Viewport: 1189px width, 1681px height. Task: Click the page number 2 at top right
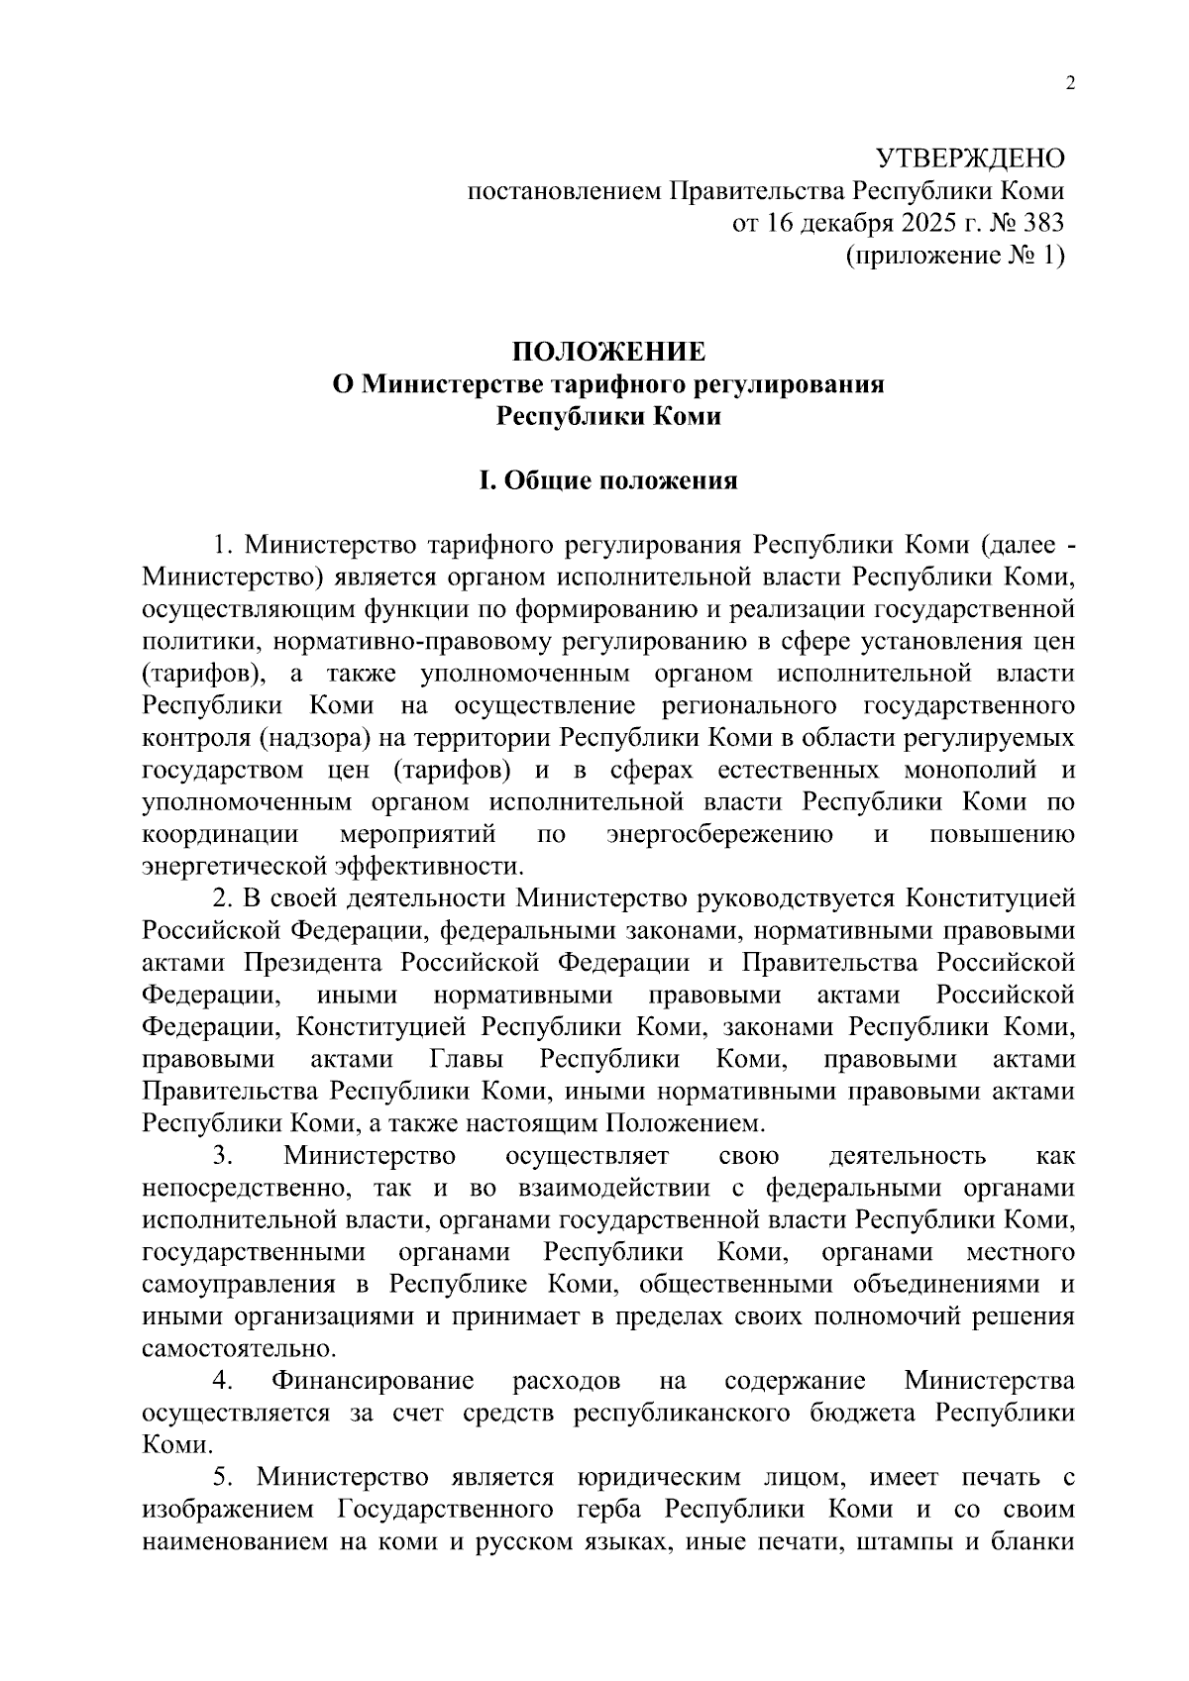click(x=1069, y=84)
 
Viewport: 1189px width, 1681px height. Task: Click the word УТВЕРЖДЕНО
click(x=970, y=158)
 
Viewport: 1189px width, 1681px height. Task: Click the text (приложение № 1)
click(x=954, y=256)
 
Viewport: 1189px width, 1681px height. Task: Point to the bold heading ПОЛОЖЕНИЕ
click(x=608, y=352)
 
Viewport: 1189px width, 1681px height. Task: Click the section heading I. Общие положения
click(x=608, y=480)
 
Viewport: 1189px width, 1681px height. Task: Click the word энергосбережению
click(x=719, y=834)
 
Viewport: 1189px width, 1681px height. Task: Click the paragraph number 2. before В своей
click(x=223, y=898)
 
